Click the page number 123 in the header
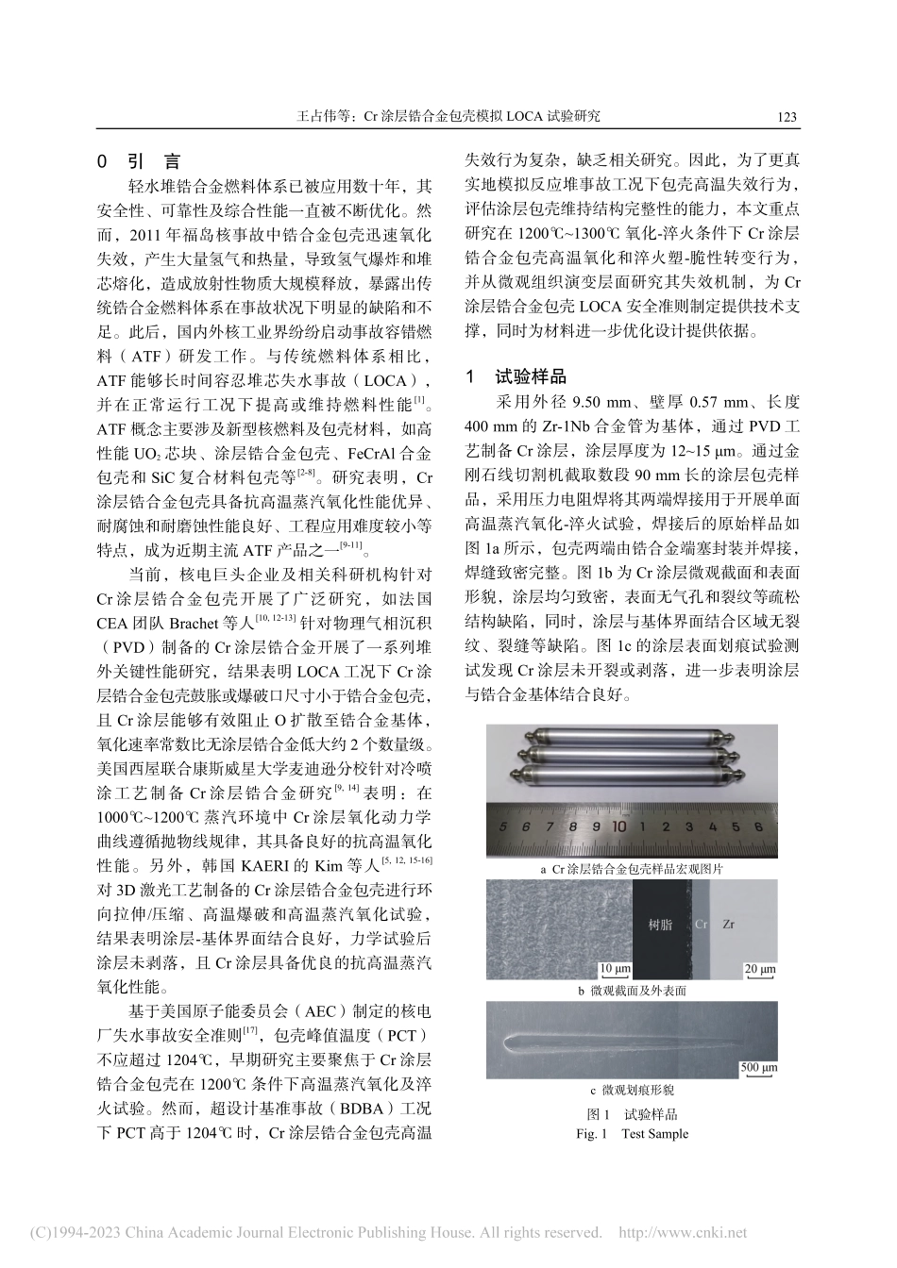point(787,117)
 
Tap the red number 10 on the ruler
point(618,825)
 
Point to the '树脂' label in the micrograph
point(662,926)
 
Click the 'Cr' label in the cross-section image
point(701,926)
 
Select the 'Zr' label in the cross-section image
point(728,926)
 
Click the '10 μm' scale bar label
point(616,969)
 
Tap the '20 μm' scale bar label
point(760,969)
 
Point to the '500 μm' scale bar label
point(758,1067)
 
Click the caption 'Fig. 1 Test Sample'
point(632,1134)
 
